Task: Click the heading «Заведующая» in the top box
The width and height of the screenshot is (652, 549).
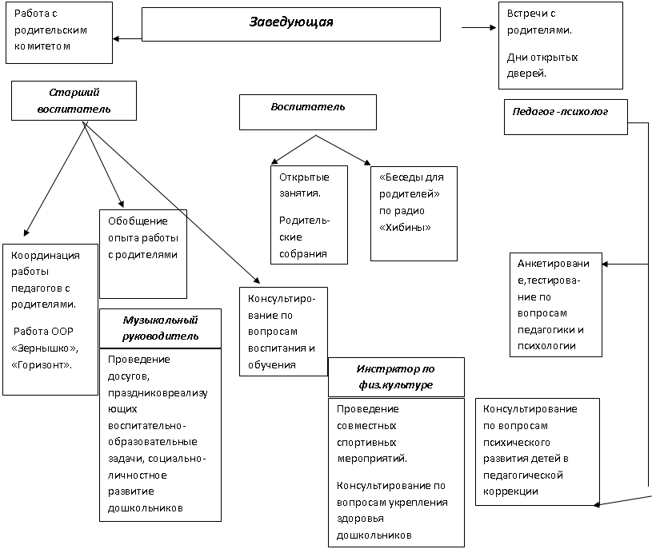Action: coord(291,22)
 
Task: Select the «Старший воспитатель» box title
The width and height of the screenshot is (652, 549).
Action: coord(74,101)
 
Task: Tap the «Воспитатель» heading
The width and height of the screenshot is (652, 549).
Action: coord(308,107)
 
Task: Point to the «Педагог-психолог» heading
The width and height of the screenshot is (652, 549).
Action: coord(560,111)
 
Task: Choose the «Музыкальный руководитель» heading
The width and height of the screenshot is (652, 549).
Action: coord(160,328)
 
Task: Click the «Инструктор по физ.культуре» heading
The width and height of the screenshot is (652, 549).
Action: coord(395,376)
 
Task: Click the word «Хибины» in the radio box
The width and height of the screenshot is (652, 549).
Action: coord(405,227)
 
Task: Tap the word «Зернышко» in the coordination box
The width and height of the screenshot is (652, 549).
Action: coord(45,348)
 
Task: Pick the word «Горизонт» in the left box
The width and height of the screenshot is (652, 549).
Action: coord(41,365)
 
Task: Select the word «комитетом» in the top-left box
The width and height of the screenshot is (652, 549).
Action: coord(42,46)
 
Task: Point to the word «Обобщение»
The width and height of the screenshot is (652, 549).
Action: coord(138,221)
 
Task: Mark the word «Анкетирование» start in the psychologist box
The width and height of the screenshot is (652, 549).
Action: coord(553,263)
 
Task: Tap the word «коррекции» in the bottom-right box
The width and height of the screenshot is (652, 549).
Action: coord(510,491)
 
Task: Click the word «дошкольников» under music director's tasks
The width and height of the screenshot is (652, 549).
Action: coord(145,508)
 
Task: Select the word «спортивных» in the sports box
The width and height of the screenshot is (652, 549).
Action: coord(366,443)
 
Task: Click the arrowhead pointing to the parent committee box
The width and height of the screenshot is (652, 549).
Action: coord(116,39)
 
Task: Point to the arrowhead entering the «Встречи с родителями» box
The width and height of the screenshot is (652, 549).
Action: coord(493,28)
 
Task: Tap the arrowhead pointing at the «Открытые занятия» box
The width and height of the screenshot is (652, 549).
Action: coord(274,161)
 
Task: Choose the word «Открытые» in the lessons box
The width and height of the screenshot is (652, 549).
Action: coord(304,177)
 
